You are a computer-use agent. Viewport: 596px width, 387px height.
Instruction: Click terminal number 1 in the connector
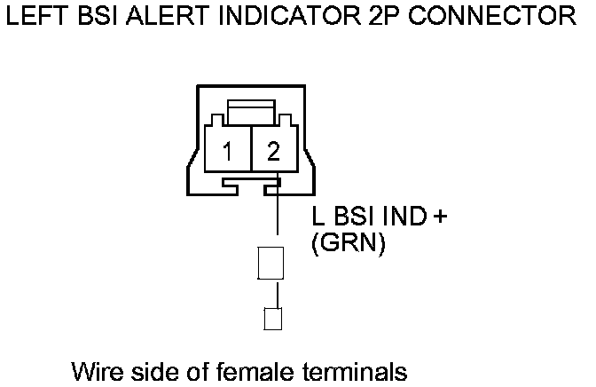(x=227, y=152)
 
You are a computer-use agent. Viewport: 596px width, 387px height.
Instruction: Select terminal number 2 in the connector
(x=272, y=152)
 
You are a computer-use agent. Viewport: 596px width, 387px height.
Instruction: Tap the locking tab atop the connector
(x=249, y=112)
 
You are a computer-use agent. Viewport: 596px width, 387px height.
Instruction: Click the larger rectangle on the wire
(x=269, y=262)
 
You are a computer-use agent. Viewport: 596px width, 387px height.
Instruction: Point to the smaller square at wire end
(x=274, y=319)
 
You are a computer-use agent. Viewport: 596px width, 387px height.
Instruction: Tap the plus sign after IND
(x=437, y=217)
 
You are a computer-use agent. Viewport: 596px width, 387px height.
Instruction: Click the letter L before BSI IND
(x=318, y=217)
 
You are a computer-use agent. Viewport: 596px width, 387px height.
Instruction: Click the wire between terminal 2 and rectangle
(x=278, y=218)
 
